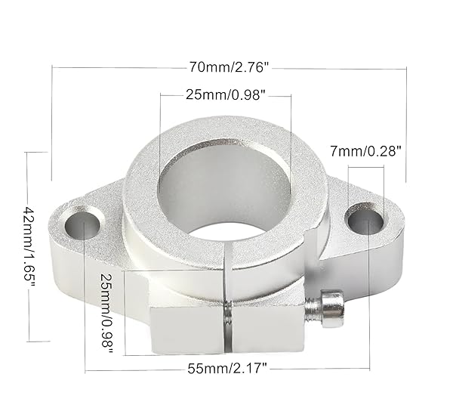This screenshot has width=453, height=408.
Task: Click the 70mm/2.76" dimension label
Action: pyautogui.click(x=229, y=67)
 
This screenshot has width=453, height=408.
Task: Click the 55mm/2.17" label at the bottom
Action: pyautogui.click(x=227, y=369)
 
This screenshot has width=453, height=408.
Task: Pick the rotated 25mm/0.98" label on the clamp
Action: pyautogui.click(x=108, y=312)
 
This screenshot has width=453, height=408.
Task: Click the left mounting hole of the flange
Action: pyautogui.click(x=83, y=224)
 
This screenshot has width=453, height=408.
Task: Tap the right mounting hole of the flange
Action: pyautogui.click(x=365, y=220)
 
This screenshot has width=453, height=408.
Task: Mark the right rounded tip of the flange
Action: pyautogui.click(x=398, y=219)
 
